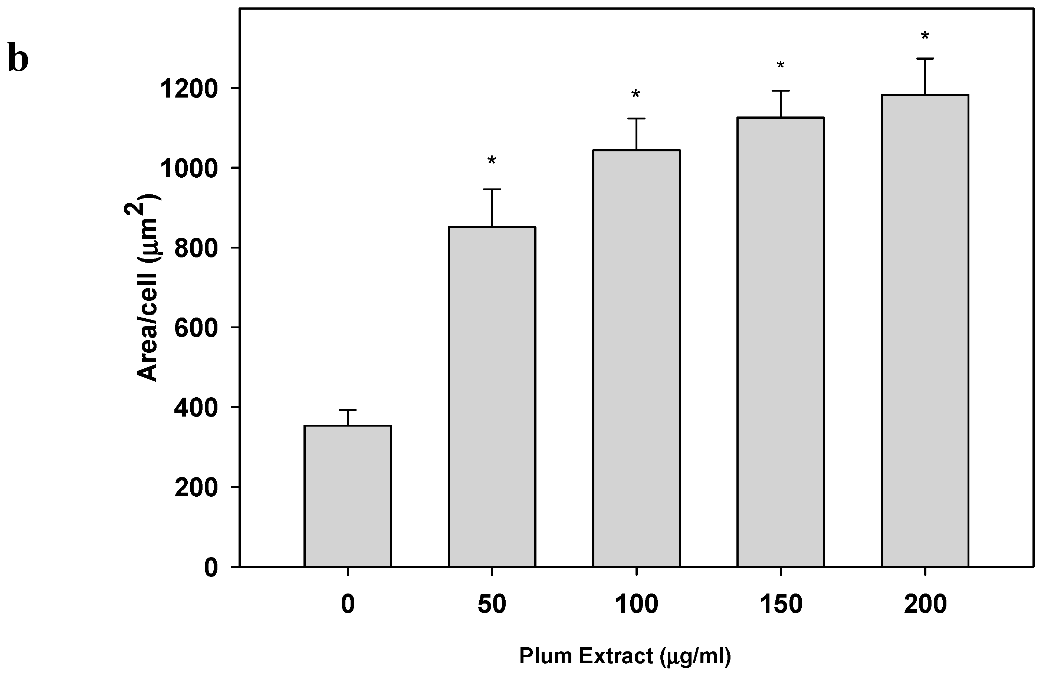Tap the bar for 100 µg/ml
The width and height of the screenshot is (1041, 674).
pos(636,358)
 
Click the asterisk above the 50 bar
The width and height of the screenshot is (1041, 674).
pos(492,161)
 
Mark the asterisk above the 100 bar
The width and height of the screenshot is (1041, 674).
pos(636,94)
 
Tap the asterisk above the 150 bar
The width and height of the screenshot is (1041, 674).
pos(780,66)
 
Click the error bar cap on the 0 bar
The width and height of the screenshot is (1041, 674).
pos(348,410)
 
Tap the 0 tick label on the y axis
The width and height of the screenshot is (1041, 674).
pos(211,568)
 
